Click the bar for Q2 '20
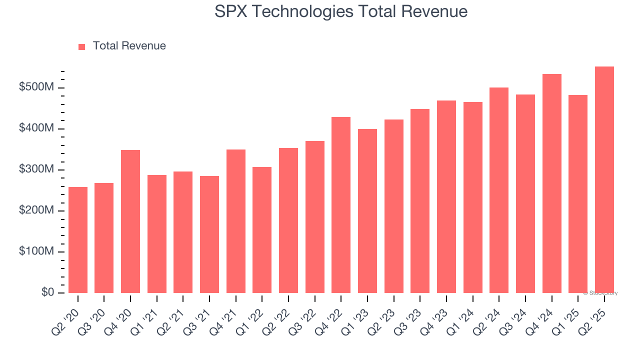tap(77, 240)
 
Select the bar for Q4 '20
tap(130, 221)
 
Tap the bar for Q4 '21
tap(235, 221)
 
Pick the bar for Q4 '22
tap(341, 205)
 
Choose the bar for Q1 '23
tap(367, 211)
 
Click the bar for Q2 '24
tap(499, 190)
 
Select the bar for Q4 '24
tap(551, 183)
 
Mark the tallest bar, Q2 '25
tap(604, 179)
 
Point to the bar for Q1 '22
tap(262, 230)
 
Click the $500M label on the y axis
tap(36, 87)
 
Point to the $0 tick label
tap(47, 292)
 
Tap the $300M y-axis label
tap(36, 169)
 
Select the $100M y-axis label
tap(36, 251)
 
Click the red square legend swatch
tap(82, 47)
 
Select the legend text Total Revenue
tap(129, 46)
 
